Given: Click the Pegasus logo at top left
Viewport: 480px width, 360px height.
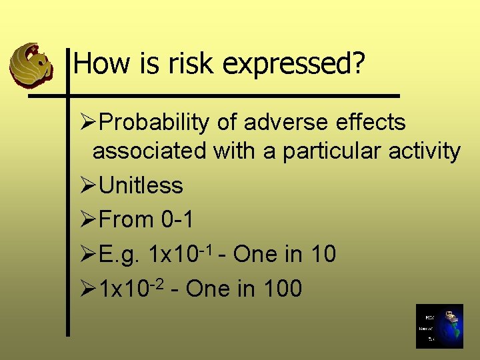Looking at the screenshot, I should (x=30, y=65).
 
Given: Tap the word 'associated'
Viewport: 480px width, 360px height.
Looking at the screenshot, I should (x=150, y=151).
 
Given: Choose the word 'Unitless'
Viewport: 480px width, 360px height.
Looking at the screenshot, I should (x=141, y=185).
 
